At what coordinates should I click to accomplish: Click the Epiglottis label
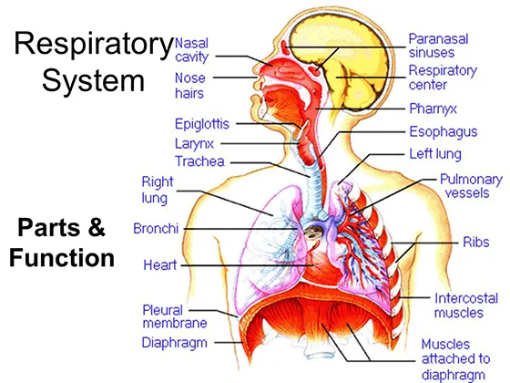(202, 124)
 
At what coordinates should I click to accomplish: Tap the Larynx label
(194, 144)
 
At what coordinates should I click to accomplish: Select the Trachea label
(199, 161)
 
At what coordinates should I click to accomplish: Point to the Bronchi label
(156, 229)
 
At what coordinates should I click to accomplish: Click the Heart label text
(160, 265)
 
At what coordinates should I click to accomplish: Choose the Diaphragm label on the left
(175, 343)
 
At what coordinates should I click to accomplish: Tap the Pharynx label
(433, 109)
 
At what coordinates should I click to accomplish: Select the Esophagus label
(444, 132)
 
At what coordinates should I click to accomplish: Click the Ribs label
(476, 243)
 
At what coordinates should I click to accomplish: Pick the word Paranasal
(438, 39)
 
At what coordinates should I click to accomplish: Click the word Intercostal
(466, 298)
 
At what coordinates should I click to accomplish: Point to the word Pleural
(163, 310)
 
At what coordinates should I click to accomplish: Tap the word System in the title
(93, 80)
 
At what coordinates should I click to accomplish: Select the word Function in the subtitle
(62, 258)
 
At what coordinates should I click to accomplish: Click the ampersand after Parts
(97, 227)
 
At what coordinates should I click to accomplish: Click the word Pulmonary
(471, 180)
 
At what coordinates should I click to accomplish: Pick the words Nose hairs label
(189, 86)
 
